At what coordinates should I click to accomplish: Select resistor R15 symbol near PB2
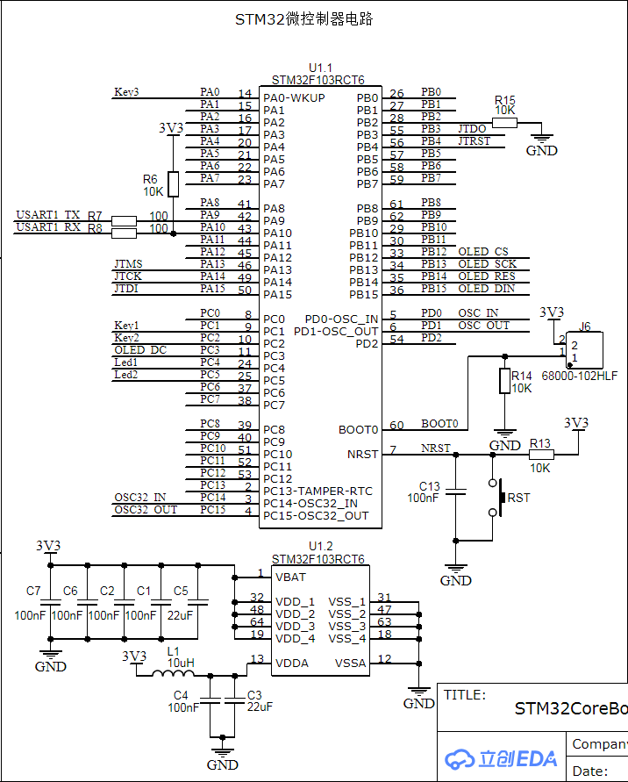[x=504, y=123]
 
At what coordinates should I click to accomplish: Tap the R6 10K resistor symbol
[x=173, y=184]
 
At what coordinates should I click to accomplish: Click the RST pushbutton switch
[x=500, y=498]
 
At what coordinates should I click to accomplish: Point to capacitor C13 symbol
[x=455, y=491]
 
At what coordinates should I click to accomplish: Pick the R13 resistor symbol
[x=541, y=455]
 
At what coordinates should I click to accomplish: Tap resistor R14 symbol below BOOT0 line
[x=504, y=381]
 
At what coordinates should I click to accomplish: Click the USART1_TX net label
[x=48, y=215]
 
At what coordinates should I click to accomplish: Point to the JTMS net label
[x=128, y=264]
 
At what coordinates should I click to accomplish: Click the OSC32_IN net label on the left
[x=139, y=498]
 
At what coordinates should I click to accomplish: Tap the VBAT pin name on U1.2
[x=292, y=577]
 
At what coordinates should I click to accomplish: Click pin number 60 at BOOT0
[x=396, y=426]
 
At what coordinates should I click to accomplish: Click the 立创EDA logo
[x=500, y=759]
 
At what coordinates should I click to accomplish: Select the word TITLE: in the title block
[x=465, y=695]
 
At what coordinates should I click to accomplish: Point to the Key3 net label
[x=126, y=92]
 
